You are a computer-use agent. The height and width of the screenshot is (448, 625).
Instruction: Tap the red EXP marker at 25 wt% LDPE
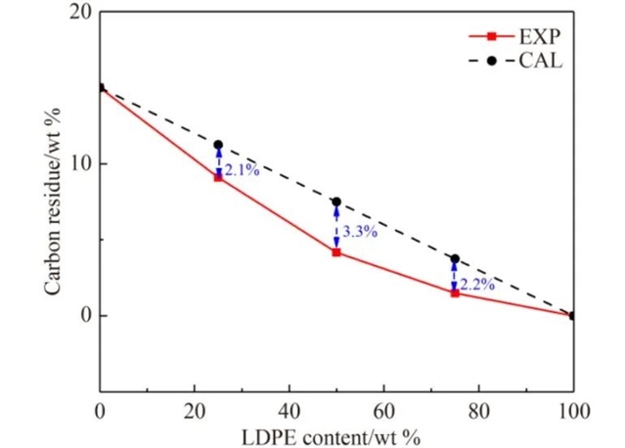pyautogui.click(x=218, y=177)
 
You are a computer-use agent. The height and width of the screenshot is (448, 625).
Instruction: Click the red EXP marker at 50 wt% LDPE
pyautogui.click(x=336, y=252)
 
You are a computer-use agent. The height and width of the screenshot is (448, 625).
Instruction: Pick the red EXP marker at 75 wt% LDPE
pyautogui.click(x=455, y=292)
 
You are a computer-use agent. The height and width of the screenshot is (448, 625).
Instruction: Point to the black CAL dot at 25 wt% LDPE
pyautogui.click(x=218, y=145)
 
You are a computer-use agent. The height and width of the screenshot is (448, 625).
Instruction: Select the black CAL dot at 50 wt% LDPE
pyautogui.click(x=336, y=202)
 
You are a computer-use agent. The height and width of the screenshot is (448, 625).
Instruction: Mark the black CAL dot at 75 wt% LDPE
pyautogui.click(x=455, y=259)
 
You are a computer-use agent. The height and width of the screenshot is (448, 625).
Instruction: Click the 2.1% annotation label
pyautogui.click(x=242, y=170)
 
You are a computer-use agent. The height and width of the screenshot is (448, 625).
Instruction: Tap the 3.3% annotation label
pyautogui.click(x=359, y=232)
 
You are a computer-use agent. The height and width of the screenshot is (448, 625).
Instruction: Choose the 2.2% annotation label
pyautogui.click(x=476, y=285)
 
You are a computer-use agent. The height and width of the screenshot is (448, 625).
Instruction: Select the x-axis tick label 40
pyautogui.click(x=289, y=410)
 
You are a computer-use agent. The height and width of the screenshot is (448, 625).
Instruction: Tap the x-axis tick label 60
pyautogui.click(x=383, y=410)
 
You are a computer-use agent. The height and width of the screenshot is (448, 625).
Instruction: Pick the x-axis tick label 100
pyautogui.click(x=572, y=410)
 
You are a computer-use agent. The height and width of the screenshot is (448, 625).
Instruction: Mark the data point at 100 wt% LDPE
pyautogui.click(x=573, y=315)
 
